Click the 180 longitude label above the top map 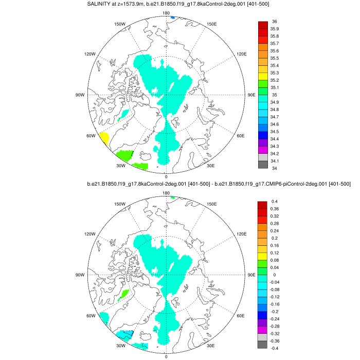click(x=166, y=13)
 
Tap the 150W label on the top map click(x=120, y=24)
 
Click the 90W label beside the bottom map click(x=79, y=275)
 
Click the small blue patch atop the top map click(x=173, y=18)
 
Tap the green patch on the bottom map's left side click(x=123, y=296)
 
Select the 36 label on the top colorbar click(x=274, y=22)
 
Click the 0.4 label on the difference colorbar click(x=275, y=201)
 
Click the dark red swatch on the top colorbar click(x=262, y=25)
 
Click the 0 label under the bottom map click(x=166, y=356)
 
